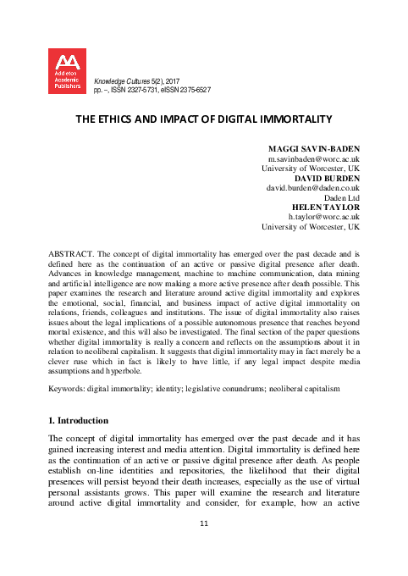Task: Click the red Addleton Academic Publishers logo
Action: (67, 70)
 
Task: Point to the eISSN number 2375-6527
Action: (193, 89)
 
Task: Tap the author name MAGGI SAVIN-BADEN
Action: (312, 149)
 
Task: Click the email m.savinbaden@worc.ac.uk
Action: (312, 158)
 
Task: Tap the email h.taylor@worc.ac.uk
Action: (319, 218)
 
